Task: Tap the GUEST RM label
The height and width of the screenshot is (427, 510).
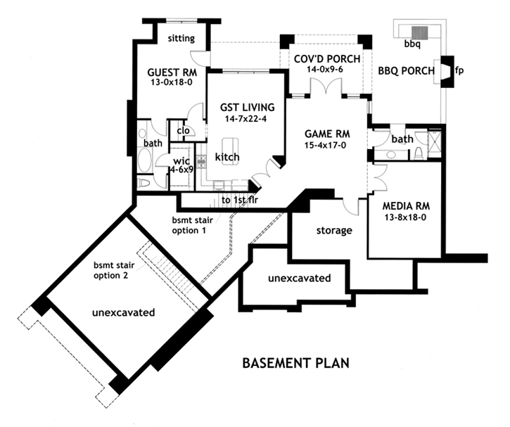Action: [172, 72]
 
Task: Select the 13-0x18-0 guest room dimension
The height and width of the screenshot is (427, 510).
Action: [172, 82]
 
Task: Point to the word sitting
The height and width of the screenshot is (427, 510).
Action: [181, 39]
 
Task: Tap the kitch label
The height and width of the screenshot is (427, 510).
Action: [228, 155]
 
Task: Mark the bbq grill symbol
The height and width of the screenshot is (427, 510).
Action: [420, 32]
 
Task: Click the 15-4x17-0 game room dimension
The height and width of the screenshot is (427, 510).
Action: [327, 145]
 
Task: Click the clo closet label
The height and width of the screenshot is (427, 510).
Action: [183, 130]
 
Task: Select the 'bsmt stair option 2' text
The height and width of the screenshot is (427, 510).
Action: [117, 271]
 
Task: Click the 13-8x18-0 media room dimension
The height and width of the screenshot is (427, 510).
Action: [407, 218]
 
